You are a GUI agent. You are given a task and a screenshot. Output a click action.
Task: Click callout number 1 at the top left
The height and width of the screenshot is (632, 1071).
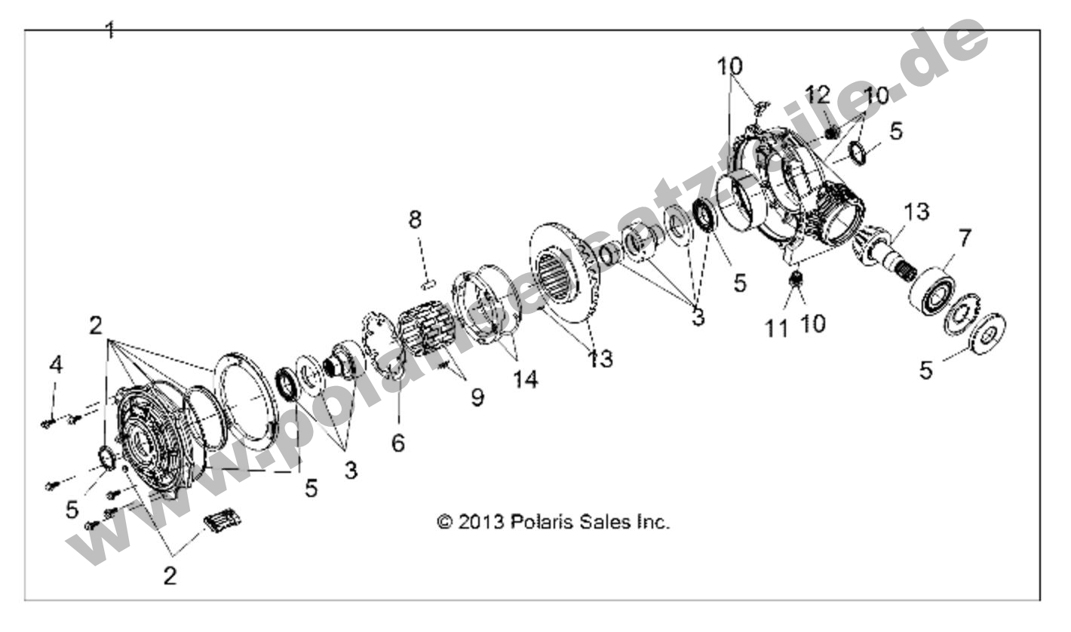coord(110,30)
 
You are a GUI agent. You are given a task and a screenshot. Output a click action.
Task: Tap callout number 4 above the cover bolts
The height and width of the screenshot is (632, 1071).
coord(55,365)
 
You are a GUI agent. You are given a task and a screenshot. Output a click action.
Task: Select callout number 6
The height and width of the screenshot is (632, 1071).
coord(397,443)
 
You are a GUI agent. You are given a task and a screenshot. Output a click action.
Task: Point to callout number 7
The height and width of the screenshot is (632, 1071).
coord(965,240)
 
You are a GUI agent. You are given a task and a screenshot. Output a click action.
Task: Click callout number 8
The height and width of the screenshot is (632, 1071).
coord(415,220)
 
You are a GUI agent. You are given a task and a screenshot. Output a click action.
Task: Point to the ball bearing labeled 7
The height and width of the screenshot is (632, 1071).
coord(932,289)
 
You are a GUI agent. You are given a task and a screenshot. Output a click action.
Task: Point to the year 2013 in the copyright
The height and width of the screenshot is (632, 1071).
coord(480,522)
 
